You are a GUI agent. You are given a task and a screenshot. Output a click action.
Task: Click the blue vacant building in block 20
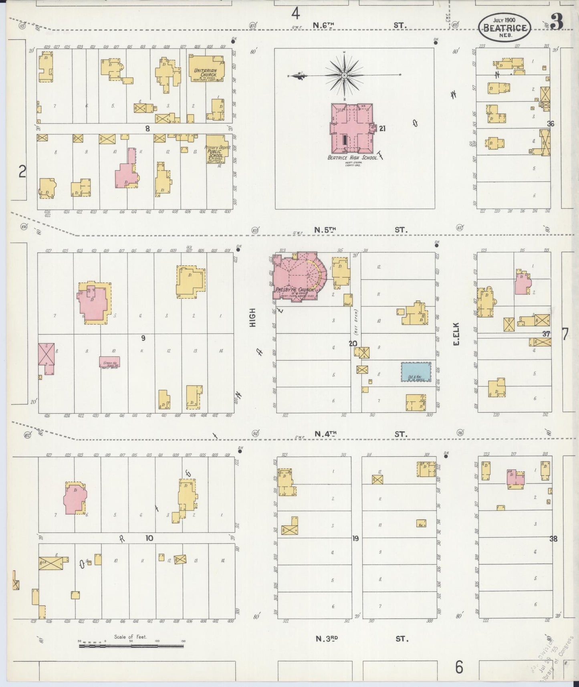coord(416,372)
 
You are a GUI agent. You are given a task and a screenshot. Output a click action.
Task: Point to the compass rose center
coord(344,75)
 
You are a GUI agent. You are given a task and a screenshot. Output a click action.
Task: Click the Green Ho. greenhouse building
coord(109,362)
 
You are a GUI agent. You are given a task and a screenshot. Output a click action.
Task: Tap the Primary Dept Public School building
coord(217,149)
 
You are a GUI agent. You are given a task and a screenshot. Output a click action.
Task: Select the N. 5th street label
coord(325,230)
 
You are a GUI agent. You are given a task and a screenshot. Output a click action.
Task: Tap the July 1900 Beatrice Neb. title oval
coord(504,26)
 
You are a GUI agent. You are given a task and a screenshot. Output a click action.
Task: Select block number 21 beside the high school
coord(382,129)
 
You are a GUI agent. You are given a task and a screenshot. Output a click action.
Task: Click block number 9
coord(143,338)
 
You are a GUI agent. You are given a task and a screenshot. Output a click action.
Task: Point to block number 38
coord(553,539)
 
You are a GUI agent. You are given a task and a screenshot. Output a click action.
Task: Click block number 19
coord(355,538)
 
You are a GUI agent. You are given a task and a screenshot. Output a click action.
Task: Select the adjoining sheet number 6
coord(459,667)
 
